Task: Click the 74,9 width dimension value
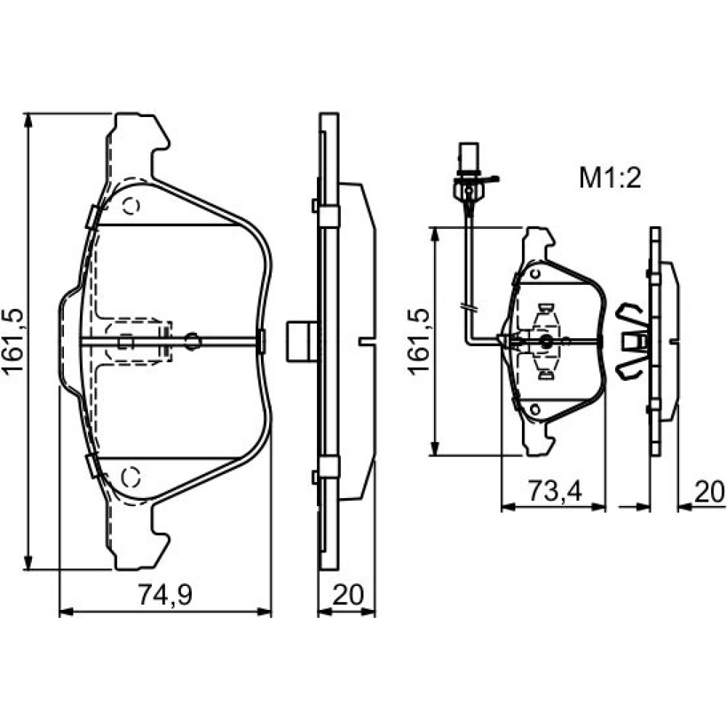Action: (x=165, y=595)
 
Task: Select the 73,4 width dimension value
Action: (x=555, y=491)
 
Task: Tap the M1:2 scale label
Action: (x=610, y=178)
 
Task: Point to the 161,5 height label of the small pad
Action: (x=419, y=341)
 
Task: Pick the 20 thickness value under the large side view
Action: (x=348, y=595)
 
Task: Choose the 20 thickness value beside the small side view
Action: (x=709, y=492)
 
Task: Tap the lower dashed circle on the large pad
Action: (x=131, y=476)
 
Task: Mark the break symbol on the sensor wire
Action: (x=468, y=308)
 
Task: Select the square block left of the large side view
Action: (x=302, y=341)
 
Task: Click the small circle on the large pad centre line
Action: (x=193, y=342)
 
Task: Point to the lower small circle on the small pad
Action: (x=535, y=409)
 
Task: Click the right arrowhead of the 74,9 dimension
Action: (x=265, y=612)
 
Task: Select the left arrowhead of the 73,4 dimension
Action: (x=509, y=507)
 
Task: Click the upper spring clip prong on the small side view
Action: (x=630, y=312)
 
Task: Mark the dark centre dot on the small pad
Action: (x=546, y=342)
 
